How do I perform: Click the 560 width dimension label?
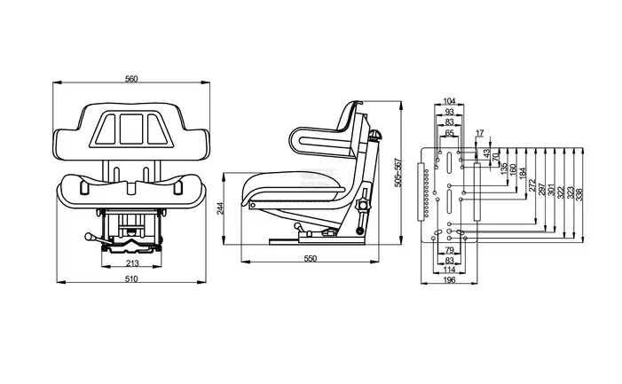pos(131,79)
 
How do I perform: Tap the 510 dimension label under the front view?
pos(131,279)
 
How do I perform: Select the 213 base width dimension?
pos(132,263)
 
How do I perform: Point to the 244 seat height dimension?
pos(221,208)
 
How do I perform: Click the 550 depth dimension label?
pos(311,258)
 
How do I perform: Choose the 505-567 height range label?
pos(398,172)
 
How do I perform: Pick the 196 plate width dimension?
pos(449,279)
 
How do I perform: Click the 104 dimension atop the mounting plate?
pos(449,101)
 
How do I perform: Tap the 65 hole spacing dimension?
pos(449,133)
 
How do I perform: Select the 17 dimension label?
pos(480,133)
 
